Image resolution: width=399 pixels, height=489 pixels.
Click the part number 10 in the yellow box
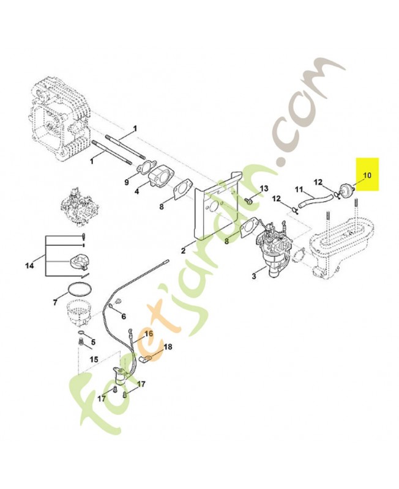[367, 175]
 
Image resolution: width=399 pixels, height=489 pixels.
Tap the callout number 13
[264, 188]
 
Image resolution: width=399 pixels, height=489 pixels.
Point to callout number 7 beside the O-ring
[56, 302]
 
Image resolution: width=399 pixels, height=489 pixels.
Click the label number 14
[29, 265]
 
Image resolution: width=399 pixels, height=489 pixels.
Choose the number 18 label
[168, 347]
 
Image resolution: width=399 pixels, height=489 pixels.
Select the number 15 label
[94, 359]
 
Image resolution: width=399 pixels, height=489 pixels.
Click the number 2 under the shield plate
[184, 251]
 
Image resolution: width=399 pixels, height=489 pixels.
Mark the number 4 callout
[136, 191]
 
